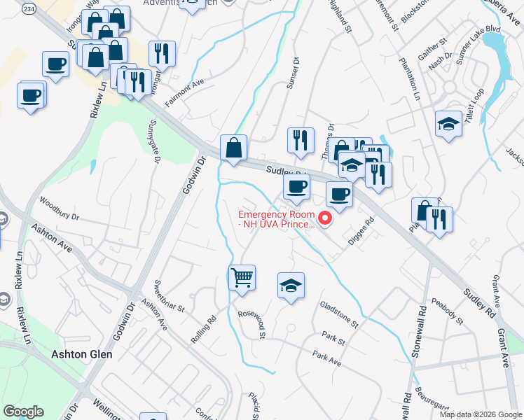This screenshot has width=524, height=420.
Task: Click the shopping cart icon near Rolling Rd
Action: pyautogui.click(x=242, y=277)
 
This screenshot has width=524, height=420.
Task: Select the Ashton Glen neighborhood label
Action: pyautogui.click(x=82, y=354)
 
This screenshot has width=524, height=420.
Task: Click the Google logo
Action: pyautogui.click(x=23, y=412)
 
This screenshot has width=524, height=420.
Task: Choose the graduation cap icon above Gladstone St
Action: pyautogui.click(x=291, y=286)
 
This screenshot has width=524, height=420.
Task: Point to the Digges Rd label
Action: pyautogui.click(x=363, y=232)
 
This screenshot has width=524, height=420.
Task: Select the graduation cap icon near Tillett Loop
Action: pyautogui.click(x=448, y=124)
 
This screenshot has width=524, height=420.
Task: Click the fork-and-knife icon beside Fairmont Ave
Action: pyautogui.click(x=162, y=52)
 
